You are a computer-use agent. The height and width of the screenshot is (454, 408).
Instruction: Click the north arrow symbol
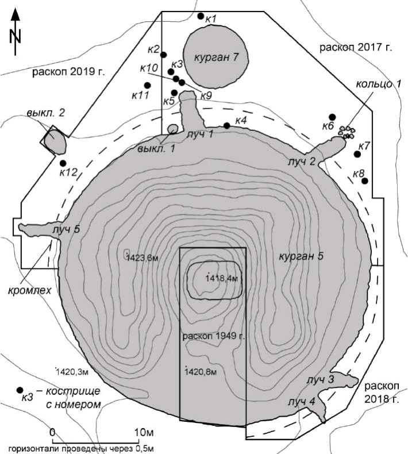[x=16, y=32]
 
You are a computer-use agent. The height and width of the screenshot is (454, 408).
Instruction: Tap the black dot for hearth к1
[x=201, y=16]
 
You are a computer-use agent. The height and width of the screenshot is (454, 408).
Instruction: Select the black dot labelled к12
[x=63, y=163]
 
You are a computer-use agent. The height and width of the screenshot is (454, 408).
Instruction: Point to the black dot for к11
[x=147, y=85]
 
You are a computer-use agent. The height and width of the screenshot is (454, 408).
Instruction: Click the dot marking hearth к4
[x=227, y=126]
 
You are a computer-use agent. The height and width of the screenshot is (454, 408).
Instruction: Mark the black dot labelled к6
[x=332, y=117]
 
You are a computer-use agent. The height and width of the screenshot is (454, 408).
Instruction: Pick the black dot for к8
[x=365, y=181]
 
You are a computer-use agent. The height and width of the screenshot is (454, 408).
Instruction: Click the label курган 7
[x=216, y=57]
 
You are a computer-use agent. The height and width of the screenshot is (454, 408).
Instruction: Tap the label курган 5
[x=301, y=256]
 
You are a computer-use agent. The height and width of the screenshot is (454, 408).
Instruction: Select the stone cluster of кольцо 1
[x=347, y=132]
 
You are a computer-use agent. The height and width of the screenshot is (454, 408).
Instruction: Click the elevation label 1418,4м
[x=222, y=279]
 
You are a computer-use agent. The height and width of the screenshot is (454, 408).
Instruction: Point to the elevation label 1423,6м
[x=143, y=257]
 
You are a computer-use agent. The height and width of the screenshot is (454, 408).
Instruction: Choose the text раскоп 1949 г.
[x=214, y=336]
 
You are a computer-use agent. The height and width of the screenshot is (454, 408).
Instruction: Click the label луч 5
[x=66, y=230]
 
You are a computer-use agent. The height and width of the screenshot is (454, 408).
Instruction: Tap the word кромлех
[x=29, y=290]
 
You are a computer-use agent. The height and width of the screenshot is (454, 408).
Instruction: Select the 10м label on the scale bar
[x=144, y=432]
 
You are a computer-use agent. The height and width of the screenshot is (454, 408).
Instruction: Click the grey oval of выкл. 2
[x=55, y=142]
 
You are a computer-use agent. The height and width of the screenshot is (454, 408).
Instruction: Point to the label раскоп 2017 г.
[x=356, y=47]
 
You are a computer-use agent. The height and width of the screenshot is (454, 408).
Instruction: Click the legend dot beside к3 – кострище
[x=20, y=390]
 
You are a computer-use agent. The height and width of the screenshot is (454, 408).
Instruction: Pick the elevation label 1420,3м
[x=72, y=371]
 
